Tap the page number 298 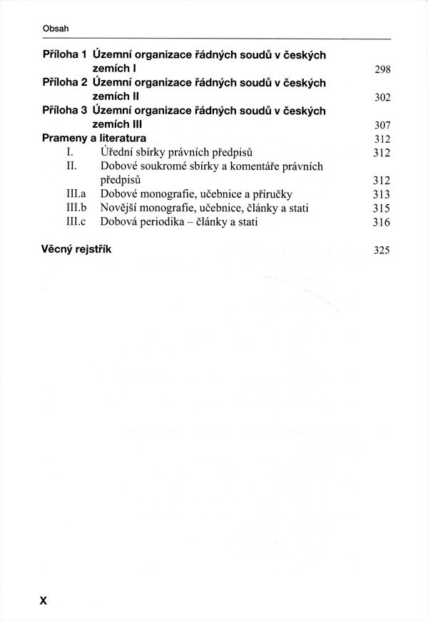[x=382, y=69]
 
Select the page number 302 [x=382, y=98]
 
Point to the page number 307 [x=382, y=126]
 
